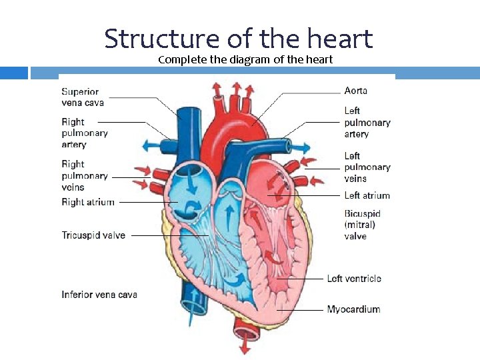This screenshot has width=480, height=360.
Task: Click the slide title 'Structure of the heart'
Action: coord(238,39)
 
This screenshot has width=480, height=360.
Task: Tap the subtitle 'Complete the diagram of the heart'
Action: coord(245,60)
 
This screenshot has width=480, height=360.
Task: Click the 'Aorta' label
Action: coord(355,91)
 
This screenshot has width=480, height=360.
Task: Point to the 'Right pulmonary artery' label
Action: coord(84,133)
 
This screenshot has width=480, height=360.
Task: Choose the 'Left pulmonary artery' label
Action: coord(367,122)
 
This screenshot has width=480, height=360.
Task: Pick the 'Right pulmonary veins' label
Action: coord(84,175)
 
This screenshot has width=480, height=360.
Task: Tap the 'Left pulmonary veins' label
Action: coord(367,167)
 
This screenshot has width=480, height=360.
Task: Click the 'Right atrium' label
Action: coord(88,202)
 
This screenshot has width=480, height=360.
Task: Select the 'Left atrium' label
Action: coord(367,195)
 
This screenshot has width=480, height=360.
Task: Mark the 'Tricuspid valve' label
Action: coord(93,235)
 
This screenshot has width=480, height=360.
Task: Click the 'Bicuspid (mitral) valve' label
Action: coord(362,225)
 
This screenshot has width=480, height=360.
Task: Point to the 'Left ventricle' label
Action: coord(353,278)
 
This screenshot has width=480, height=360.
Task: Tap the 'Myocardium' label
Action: coord(353,309)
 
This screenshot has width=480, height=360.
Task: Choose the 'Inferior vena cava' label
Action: coord(99,294)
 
